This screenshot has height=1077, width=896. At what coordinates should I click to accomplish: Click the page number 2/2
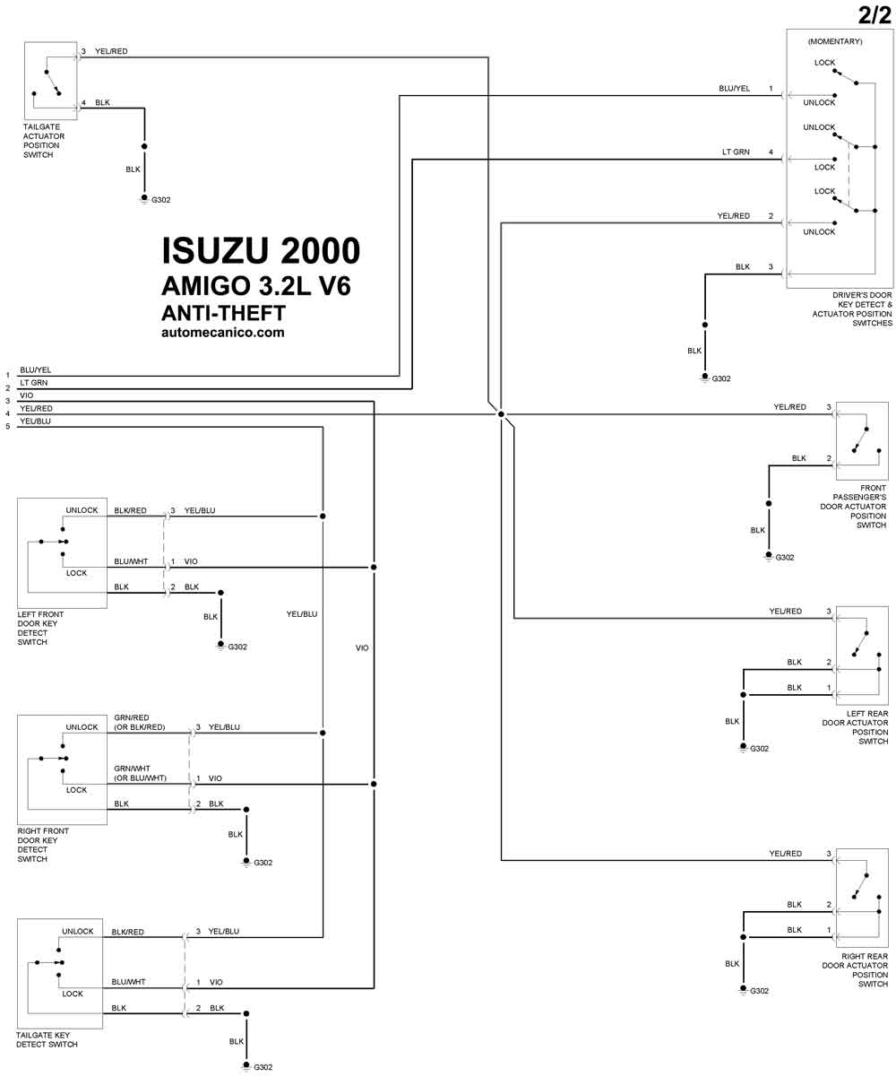coord(874,15)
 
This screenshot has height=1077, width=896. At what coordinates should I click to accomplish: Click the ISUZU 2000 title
coord(261,251)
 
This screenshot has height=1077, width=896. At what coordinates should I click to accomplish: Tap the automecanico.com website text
coord(223,332)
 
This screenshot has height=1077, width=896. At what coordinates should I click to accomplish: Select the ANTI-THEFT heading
coord(223,313)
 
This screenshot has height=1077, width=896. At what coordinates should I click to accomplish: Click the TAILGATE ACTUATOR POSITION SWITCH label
coord(44,140)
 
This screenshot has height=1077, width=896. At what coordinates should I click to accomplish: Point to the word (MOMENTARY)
coord(835,41)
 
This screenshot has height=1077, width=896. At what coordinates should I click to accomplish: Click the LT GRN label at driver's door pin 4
coord(736,152)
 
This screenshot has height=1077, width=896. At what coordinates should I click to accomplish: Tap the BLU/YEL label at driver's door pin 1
coord(734,88)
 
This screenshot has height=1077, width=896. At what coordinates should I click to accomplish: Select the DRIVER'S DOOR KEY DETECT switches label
coord(852,309)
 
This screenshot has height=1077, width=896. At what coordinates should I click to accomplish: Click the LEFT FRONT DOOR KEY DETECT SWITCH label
coord(40,628)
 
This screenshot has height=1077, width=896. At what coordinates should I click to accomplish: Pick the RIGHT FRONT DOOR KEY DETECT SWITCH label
coord(43,845)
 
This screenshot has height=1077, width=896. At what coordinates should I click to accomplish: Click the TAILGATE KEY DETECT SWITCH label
coord(47,1039)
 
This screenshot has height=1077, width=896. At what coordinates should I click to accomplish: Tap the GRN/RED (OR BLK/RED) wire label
coord(139,722)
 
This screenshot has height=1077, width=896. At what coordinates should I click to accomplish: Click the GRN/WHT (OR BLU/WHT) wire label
coord(141,773)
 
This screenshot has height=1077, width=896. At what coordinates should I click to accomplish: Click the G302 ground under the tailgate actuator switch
coord(156,200)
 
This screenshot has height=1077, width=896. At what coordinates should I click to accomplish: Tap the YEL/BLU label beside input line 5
coord(35,421)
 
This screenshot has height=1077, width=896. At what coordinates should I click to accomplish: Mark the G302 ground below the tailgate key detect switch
coord(258,1066)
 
